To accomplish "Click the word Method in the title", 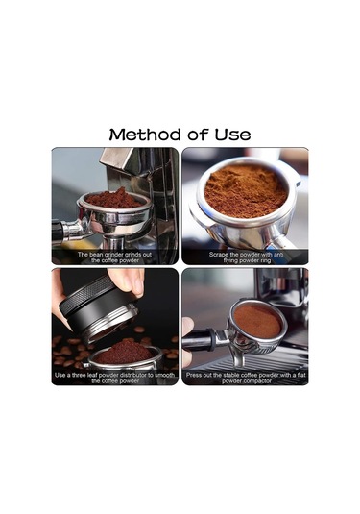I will [x=144, y=135].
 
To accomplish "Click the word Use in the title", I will [x=231, y=135].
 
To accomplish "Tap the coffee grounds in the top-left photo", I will [x=115, y=199].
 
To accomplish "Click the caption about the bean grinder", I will [x=114, y=257].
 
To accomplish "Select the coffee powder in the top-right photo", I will [x=246, y=190].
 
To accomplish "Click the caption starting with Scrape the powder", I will [x=245, y=257].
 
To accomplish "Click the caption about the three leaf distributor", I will [x=114, y=377].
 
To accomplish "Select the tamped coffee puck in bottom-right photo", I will [x=257, y=321].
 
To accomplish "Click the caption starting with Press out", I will [x=245, y=377].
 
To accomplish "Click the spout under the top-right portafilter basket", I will [x=279, y=240].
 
